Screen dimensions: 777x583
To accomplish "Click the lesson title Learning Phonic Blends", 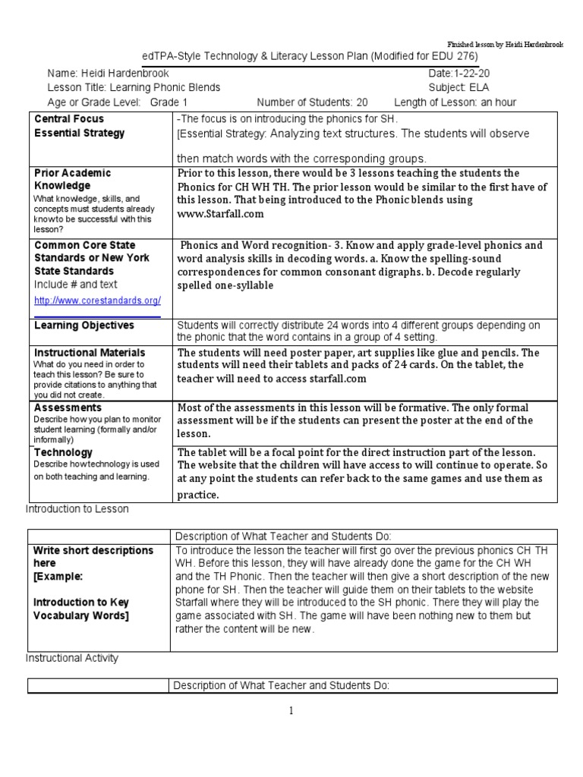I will tap(166, 87).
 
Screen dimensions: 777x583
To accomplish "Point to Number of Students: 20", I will tap(312, 102).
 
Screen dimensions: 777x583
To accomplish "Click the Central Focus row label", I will tap(69, 119).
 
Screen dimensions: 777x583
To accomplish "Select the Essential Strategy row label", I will tap(79, 133).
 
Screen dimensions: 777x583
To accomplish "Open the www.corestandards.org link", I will tap(96, 300).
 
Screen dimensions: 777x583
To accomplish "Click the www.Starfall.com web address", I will tap(220, 214).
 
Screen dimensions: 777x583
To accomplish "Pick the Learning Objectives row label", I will tap(84, 326).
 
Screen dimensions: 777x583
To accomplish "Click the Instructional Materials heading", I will tap(90, 353).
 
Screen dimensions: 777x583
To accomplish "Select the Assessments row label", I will tap(68, 407).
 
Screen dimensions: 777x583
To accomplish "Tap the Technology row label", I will tap(64, 452).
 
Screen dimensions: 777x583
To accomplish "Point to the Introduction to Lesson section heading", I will tap(77, 509).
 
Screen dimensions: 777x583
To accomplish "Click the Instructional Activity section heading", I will tap(72, 658).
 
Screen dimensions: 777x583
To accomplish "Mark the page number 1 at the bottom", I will tap(291, 711).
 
